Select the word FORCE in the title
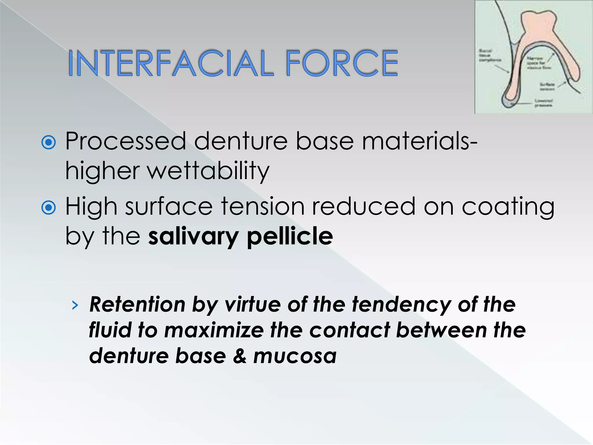(342, 63)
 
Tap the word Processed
(126, 141)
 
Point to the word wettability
(208, 171)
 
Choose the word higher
(103, 171)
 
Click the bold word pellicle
(290, 236)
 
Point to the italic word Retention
(137, 305)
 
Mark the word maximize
(214, 330)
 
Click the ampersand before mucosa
(239, 356)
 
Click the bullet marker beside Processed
(49, 143)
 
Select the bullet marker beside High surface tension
(49, 207)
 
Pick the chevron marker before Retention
(75, 305)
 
